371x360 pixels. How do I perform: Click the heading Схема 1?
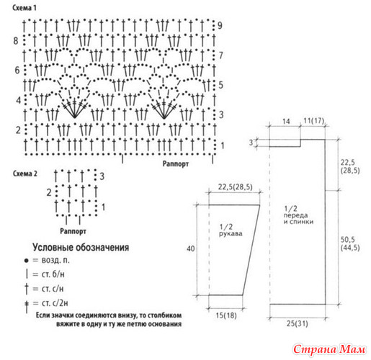(x=24, y=8)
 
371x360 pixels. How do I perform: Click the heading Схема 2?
(x=25, y=174)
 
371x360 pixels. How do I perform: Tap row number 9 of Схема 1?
(x=220, y=25)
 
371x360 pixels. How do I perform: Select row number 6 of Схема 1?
(x=17, y=70)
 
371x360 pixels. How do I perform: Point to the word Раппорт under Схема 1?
(x=176, y=164)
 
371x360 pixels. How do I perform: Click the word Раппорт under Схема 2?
(x=73, y=231)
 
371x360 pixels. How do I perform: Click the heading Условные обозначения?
(x=81, y=247)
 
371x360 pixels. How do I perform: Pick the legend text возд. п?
(x=55, y=260)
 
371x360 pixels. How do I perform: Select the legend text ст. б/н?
(x=53, y=274)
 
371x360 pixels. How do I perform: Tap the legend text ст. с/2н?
(x=55, y=303)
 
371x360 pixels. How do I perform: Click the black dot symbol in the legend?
(x=27, y=261)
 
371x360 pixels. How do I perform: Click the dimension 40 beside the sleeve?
(x=191, y=248)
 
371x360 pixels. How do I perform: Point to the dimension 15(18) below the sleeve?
(x=226, y=315)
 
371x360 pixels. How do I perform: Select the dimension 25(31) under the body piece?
(x=297, y=323)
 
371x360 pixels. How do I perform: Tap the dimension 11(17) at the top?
(x=314, y=120)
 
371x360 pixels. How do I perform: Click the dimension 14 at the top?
(x=286, y=121)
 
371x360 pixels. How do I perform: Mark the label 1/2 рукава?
(x=231, y=230)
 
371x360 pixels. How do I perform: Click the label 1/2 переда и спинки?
(x=298, y=215)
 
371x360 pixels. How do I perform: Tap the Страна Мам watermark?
(x=329, y=349)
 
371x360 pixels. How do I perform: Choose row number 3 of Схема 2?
(x=102, y=176)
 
